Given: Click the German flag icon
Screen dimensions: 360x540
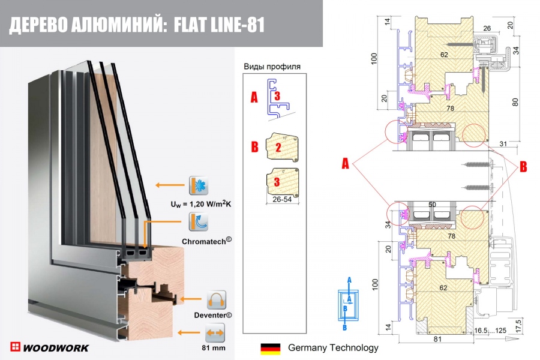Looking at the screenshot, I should click(x=270, y=348).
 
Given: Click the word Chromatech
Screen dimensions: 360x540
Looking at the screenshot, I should click(x=206, y=241).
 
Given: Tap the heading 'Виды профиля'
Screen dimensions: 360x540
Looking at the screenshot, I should click(x=272, y=67).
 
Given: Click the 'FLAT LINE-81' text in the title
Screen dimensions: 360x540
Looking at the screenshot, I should click(x=218, y=25).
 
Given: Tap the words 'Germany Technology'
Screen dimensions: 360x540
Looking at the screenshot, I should click(x=333, y=348).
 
